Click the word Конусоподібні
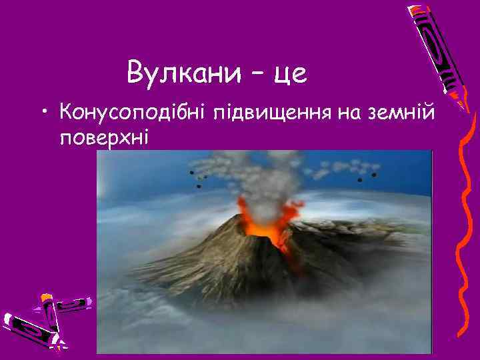point(133,115)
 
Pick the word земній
point(402,115)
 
